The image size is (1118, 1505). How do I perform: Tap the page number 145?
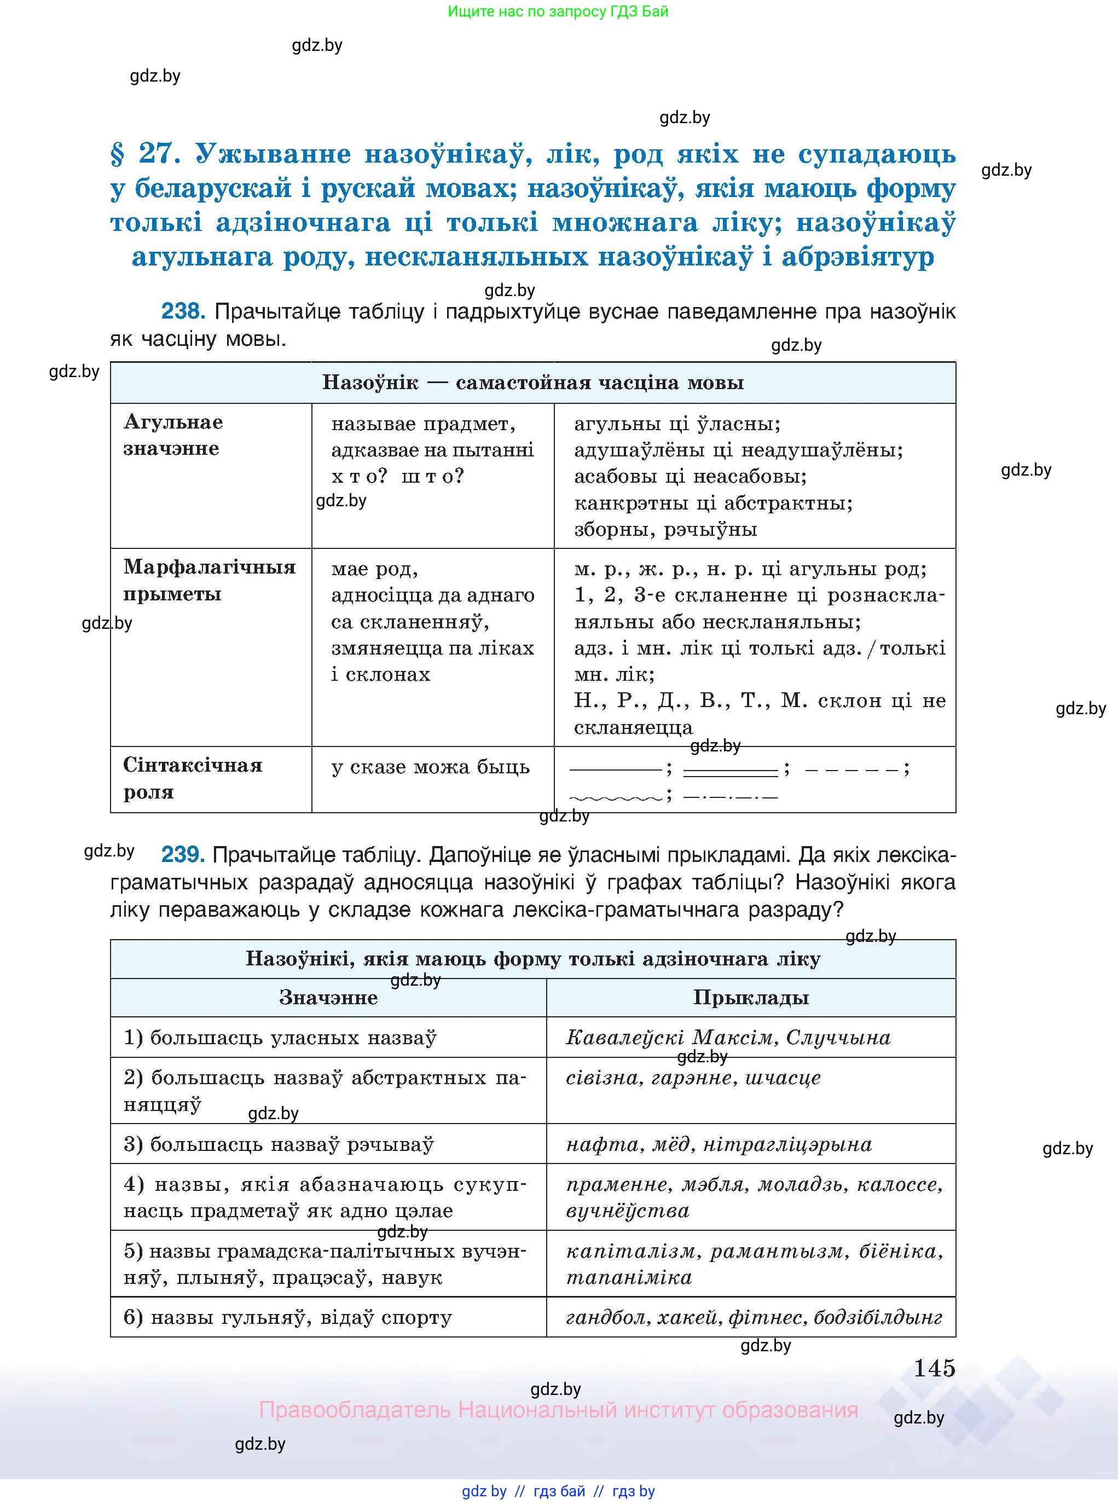(x=934, y=1368)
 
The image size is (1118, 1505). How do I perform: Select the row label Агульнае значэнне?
(x=173, y=435)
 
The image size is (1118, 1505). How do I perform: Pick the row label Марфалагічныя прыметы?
(x=209, y=581)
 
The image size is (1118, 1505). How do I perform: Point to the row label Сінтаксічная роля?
(x=192, y=778)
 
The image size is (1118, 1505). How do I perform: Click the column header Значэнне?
(x=328, y=998)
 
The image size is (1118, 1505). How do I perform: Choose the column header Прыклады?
(x=750, y=998)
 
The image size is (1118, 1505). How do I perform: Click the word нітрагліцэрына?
(x=787, y=1144)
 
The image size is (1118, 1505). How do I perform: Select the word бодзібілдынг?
(x=878, y=1317)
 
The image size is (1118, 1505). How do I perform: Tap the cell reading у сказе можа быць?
(x=431, y=767)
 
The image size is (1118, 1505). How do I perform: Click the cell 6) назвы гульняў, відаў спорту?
(x=288, y=1317)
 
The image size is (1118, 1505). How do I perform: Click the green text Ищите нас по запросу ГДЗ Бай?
(x=558, y=11)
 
